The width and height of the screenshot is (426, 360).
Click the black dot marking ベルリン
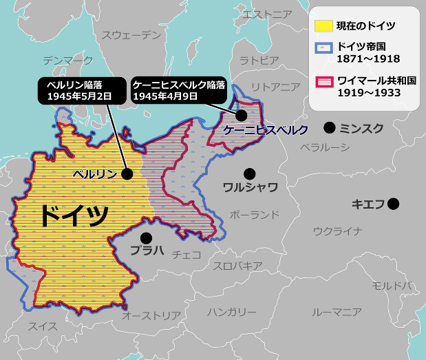click(127, 174)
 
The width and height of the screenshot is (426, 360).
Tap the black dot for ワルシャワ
click(249, 173)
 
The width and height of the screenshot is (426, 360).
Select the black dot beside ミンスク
click(330, 127)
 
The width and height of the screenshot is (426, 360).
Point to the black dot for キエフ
click(393, 204)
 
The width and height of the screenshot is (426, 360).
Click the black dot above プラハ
click(146, 237)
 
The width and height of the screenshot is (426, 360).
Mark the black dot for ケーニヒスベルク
click(242, 115)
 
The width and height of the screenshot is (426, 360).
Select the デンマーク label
click(67, 61)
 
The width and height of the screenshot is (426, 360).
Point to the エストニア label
click(268, 14)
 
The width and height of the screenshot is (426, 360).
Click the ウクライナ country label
click(337, 231)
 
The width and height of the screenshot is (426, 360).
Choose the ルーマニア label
click(337, 312)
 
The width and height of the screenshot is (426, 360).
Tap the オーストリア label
click(151, 315)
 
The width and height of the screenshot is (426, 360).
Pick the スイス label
click(43, 326)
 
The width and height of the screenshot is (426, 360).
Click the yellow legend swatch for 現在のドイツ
click(323, 26)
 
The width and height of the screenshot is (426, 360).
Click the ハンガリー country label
click(231, 312)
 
